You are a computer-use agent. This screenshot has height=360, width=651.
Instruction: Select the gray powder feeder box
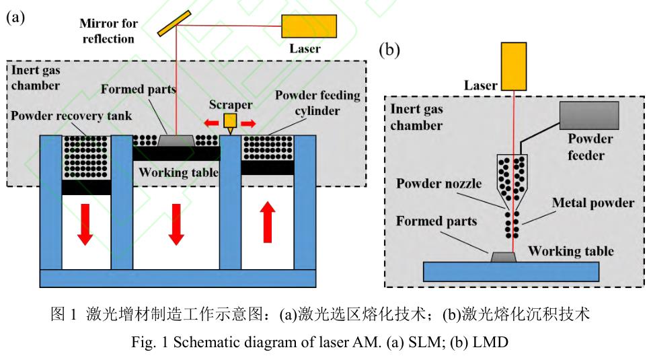[x=590, y=116]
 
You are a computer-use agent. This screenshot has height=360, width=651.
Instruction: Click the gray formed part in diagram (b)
[x=504, y=256]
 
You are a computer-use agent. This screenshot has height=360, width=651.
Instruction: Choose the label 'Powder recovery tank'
[x=72, y=116]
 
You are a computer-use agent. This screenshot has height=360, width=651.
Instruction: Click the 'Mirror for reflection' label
[x=108, y=31]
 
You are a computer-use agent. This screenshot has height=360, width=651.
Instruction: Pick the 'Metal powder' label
[x=593, y=203]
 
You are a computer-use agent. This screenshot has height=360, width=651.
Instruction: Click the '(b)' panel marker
[x=390, y=50]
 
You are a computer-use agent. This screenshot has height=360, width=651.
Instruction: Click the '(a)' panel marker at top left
[x=15, y=18]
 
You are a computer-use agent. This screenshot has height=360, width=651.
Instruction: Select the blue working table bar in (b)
[x=510, y=271]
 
